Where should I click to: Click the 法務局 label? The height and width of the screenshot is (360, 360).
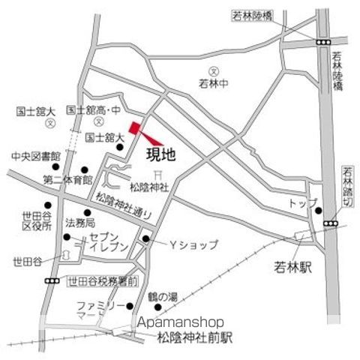click(79, 223)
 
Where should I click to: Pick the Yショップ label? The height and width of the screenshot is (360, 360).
click(192, 244)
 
